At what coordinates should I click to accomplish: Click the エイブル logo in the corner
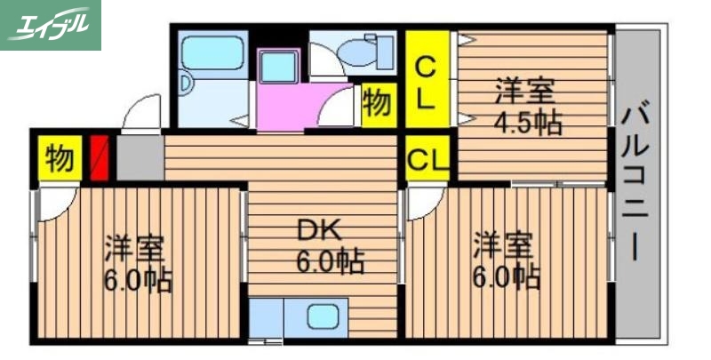tap(51, 25)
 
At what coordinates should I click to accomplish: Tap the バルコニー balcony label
tap(634, 182)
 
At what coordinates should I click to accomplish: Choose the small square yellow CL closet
tap(427, 161)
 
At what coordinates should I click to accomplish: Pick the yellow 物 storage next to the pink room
tap(378, 103)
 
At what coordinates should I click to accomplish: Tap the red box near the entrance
tap(100, 158)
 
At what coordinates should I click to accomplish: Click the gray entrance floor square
tap(140, 158)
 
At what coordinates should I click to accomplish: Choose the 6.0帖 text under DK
tap(329, 262)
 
